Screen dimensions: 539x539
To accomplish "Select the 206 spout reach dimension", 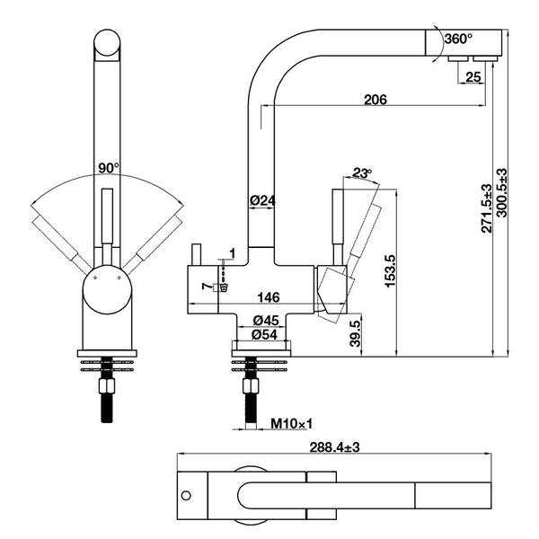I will pos(376,100).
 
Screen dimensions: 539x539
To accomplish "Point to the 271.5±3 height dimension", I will pos(487,208).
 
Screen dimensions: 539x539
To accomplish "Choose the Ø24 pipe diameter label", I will pos(261,200).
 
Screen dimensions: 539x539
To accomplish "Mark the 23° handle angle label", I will pos(362,173).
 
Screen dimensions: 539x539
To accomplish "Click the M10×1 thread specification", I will pos(287,423).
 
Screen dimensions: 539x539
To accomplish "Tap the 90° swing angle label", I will pos(109,168).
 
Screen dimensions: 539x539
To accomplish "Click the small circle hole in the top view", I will pos(186,495).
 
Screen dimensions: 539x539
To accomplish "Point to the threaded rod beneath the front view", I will pos(110,395).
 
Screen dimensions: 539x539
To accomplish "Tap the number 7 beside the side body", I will pos(208,287).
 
